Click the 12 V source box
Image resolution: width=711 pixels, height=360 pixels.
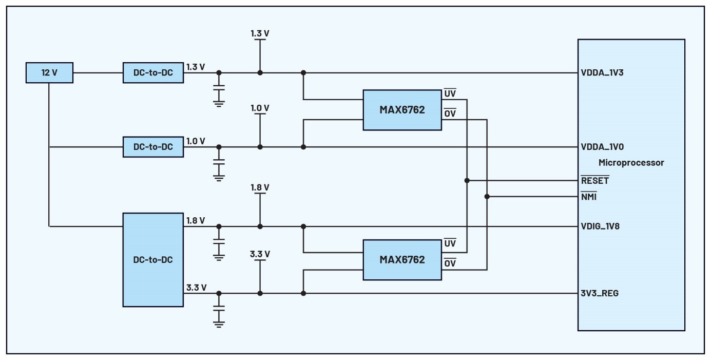49,72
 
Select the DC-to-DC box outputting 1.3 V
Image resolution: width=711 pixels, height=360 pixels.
153,72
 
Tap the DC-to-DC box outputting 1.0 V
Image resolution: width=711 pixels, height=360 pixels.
153,147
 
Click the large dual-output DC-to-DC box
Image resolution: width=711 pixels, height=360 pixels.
153,260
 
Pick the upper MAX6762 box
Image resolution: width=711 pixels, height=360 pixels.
402,110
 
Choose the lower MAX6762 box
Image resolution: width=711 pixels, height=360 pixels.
402,260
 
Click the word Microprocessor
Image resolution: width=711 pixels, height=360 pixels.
631,163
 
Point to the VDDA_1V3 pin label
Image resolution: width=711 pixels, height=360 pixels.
602,72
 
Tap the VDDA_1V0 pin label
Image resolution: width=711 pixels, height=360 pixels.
602,147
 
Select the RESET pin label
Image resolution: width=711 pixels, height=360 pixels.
594,181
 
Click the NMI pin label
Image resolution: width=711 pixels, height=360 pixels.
589,197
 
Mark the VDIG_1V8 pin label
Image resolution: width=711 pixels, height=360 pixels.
600,226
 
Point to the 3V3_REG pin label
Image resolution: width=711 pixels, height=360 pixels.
600,293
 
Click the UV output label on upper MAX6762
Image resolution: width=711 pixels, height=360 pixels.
450,93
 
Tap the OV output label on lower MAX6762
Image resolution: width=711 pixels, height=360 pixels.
450,263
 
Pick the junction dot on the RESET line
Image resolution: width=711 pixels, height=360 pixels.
467,181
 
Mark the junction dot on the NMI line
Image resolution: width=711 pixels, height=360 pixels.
487,197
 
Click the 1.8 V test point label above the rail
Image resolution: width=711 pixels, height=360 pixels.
260,187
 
